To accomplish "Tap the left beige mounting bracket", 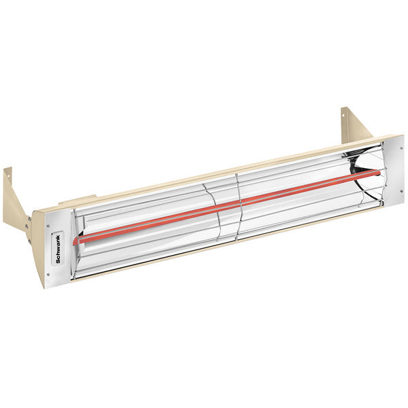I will click(15, 197).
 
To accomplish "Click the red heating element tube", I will click(224, 203).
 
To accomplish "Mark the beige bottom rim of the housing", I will click(224, 246).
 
